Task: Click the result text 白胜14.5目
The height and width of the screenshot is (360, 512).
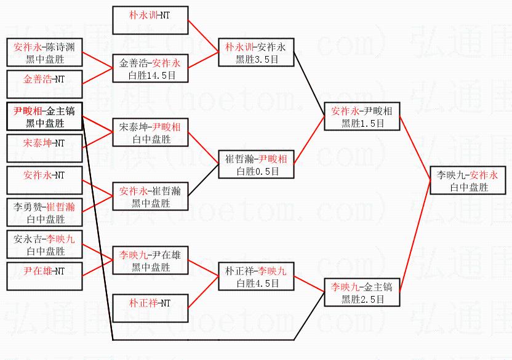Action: click(x=152, y=76)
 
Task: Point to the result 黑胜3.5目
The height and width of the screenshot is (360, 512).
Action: click(x=257, y=60)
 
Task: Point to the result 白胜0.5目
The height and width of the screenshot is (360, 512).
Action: click(x=258, y=172)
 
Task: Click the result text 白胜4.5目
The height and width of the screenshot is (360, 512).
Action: click(x=258, y=284)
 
